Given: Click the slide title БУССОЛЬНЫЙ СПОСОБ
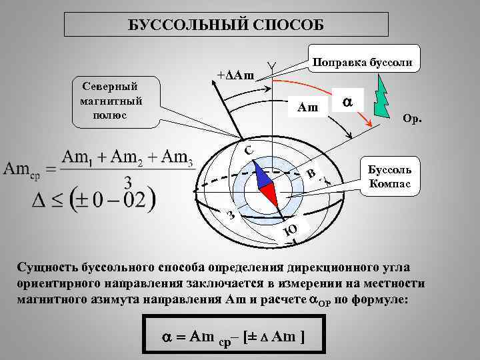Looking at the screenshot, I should click(226, 24).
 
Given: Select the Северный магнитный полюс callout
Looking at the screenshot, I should click(110, 99).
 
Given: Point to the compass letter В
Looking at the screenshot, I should click(311, 175).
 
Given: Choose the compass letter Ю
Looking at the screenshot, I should click(289, 231).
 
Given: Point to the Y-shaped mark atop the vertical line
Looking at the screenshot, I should click(271, 65).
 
